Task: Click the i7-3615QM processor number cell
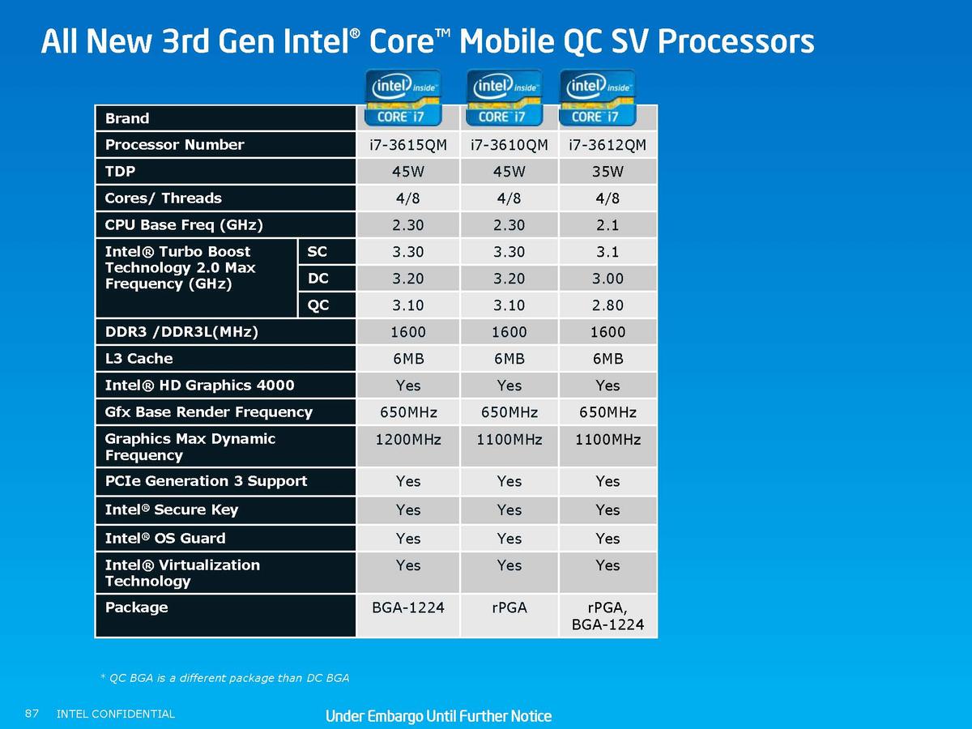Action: [x=408, y=145]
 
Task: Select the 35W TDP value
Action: [x=607, y=171]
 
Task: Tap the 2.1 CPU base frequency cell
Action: [x=607, y=225]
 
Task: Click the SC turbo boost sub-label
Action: [x=317, y=251]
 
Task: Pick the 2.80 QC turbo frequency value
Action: [x=607, y=305]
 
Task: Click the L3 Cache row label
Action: [x=139, y=358]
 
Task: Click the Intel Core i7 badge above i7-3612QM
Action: [x=597, y=98]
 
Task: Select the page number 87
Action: [x=32, y=714]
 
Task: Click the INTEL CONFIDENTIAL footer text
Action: [x=116, y=714]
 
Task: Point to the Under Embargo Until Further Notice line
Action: [x=438, y=716]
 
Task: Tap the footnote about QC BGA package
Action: [x=224, y=678]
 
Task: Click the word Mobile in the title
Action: [x=506, y=40]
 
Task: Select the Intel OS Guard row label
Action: [x=165, y=538]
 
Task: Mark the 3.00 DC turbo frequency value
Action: [x=607, y=279]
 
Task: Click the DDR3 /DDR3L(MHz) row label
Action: [x=181, y=331]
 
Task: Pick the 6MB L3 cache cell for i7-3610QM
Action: [x=509, y=359]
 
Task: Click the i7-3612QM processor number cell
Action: [x=607, y=145]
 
